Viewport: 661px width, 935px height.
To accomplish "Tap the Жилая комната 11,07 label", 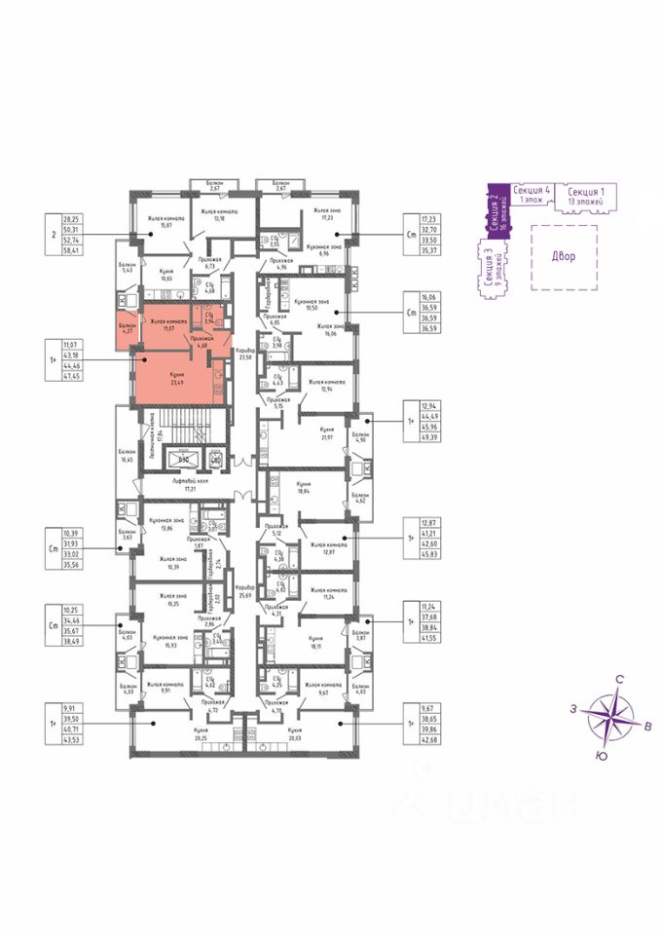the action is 167,324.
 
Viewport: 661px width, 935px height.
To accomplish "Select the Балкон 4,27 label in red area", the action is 128,327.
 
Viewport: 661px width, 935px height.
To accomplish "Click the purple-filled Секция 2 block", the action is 493,215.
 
